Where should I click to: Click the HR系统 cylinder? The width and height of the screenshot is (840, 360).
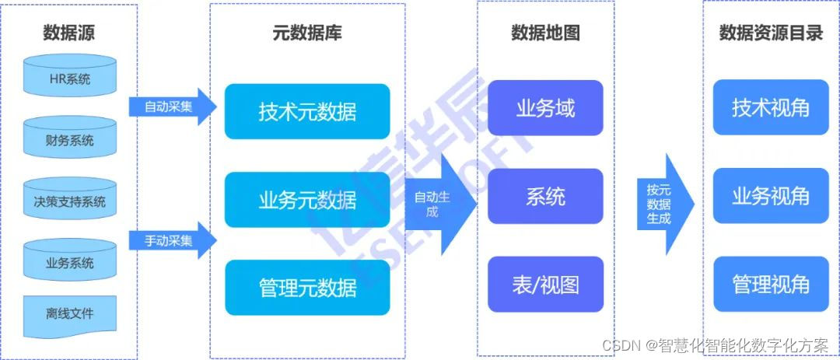[x=69, y=77]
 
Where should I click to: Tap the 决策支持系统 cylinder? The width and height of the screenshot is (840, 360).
[x=69, y=201]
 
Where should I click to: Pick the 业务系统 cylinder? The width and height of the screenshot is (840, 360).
[x=69, y=261]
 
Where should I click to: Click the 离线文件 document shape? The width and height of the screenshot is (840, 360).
[x=69, y=314]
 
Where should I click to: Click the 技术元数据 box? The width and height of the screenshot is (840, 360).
[x=307, y=111]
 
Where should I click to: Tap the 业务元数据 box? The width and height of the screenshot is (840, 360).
[x=307, y=200]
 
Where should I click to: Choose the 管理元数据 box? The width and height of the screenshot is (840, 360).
[x=307, y=288]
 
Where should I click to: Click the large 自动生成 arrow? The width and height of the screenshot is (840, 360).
[x=439, y=204]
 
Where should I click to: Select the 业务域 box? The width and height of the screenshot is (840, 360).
[x=545, y=107]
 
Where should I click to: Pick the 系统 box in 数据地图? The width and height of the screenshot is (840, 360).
[x=545, y=196]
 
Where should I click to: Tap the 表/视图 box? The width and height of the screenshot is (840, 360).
[x=545, y=284]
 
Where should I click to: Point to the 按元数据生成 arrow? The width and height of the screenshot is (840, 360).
[x=667, y=204]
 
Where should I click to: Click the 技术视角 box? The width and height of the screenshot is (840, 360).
[x=770, y=107]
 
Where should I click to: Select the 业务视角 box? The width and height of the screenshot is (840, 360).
[x=770, y=196]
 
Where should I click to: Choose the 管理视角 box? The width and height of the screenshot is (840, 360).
[x=770, y=284]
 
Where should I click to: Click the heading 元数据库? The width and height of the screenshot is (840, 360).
[x=307, y=33]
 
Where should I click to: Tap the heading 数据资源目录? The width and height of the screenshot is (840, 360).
[x=770, y=33]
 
